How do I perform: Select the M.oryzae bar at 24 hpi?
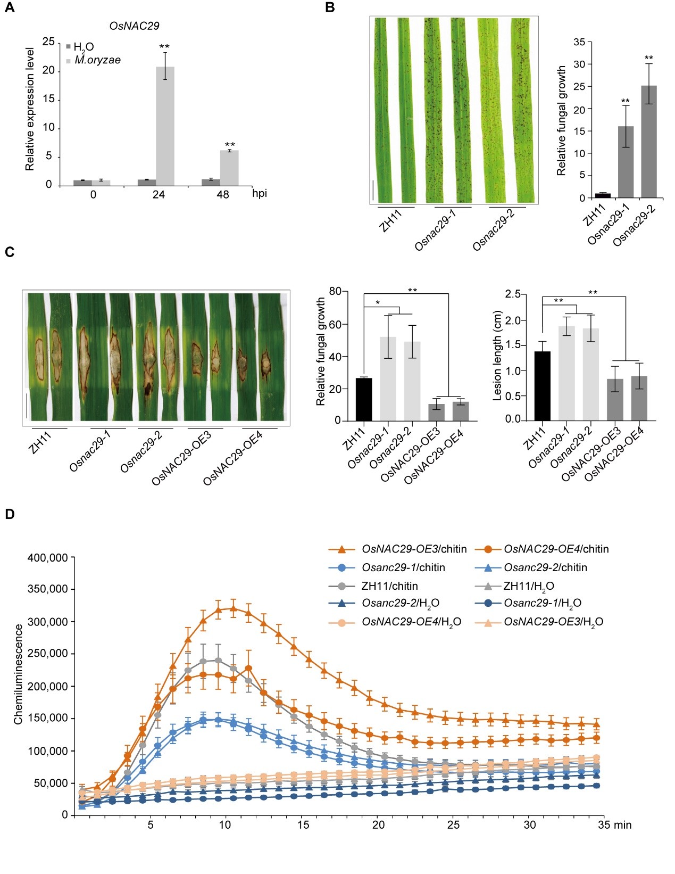(x=165, y=126)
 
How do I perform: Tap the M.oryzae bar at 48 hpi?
(x=229, y=168)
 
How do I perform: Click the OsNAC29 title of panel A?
(x=134, y=26)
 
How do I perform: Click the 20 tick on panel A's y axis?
(x=49, y=70)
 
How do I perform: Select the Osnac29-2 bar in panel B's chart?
(x=648, y=142)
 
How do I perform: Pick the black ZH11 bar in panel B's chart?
(x=603, y=195)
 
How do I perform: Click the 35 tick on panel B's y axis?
(x=579, y=42)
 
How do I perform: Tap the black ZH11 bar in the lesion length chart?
(x=542, y=386)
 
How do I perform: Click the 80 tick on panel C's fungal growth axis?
(x=335, y=291)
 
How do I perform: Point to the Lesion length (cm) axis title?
(x=498, y=355)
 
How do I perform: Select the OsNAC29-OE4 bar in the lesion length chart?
(x=639, y=398)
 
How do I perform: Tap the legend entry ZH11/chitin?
(x=389, y=586)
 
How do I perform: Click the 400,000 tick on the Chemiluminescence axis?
(x=48, y=558)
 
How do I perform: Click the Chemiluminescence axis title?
(x=19, y=674)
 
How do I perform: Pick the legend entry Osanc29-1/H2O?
(x=542, y=603)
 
